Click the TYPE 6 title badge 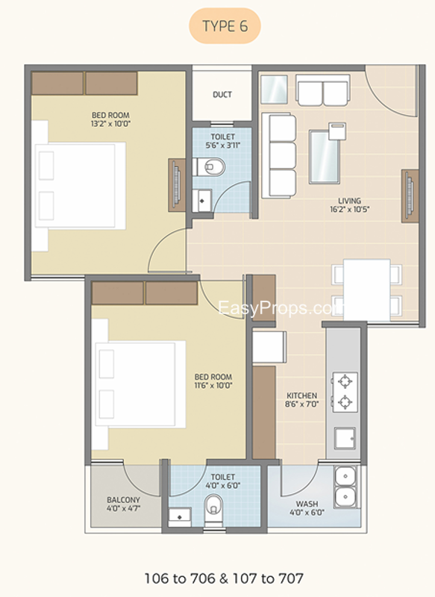[225, 26]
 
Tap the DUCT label [222, 95]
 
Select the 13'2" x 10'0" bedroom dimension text [110, 124]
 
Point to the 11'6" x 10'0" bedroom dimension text [213, 385]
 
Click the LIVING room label [350, 201]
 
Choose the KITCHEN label [301, 396]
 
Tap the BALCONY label [123, 499]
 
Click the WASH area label [307, 504]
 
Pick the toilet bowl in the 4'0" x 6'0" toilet [213, 506]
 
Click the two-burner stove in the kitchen [345, 392]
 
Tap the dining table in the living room [367, 290]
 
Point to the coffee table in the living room [324, 157]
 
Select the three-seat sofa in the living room [279, 156]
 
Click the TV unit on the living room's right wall [410, 196]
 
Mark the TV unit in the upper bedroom [177, 185]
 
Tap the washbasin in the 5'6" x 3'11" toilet [202, 200]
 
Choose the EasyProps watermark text [281, 307]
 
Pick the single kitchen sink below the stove [345, 438]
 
